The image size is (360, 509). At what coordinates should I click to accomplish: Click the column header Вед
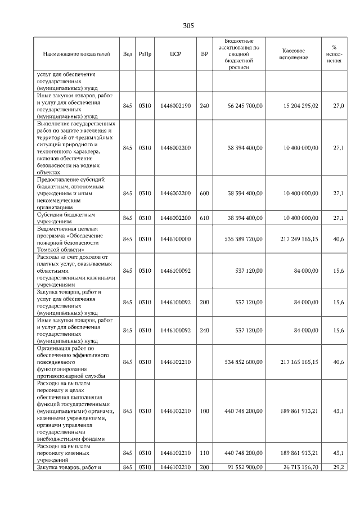click(x=127, y=54)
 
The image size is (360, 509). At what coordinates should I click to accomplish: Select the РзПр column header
click(x=145, y=54)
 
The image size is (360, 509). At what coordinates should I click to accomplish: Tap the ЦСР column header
click(x=175, y=54)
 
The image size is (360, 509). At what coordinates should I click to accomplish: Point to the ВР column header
click(x=204, y=54)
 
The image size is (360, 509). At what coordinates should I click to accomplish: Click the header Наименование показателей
click(x=76, y=54)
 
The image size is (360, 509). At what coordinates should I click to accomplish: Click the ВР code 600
click(x=204, y=193)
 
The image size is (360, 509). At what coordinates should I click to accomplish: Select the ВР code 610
click(x=204, y=218)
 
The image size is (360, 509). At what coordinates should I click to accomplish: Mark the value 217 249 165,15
click(x=297, y=239)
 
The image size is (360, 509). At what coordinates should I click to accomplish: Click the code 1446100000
click(x=175, y=239)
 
